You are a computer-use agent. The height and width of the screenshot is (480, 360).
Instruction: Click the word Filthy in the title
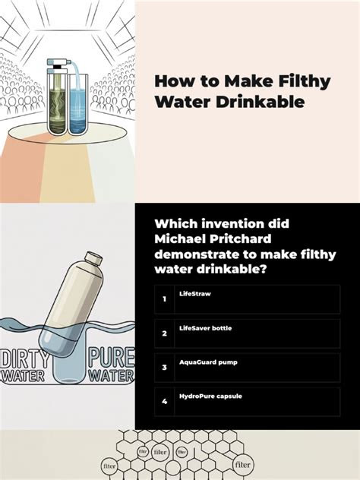pos(305,82)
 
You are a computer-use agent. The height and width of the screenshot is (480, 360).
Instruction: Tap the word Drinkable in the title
pos(261,102)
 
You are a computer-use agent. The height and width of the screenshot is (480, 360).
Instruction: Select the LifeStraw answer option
pos(248,299)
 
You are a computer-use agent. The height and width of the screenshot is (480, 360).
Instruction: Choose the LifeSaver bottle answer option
pos(248,333)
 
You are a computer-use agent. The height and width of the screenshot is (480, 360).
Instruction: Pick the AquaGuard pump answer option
pos(248,368)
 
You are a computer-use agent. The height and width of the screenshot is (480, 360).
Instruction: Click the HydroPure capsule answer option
pos(248,402)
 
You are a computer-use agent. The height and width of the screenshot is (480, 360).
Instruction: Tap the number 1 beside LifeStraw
pos(164,299)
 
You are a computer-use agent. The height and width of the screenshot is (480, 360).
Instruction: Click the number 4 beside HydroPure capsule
pos(164,401)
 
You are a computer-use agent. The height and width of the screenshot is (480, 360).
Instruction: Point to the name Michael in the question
pos(178,238)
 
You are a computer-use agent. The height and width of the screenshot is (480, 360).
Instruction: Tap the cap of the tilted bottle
pos(93,258)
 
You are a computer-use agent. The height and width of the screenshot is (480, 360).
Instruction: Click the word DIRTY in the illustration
pos(25,359)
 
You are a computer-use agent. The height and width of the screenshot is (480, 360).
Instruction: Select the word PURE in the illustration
pos(112,357)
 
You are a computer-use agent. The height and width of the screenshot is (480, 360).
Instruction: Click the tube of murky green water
pos(57,103)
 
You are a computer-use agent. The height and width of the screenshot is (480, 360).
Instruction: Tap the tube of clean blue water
pos(78,104)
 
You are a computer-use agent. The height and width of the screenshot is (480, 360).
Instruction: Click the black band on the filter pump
pos(57,66)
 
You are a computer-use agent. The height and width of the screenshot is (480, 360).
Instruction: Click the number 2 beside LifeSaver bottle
pos(164,333)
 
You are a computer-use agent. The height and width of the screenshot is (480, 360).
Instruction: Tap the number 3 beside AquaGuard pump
pos(164,368)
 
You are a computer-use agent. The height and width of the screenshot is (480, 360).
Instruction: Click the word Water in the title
pos(183,102)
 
